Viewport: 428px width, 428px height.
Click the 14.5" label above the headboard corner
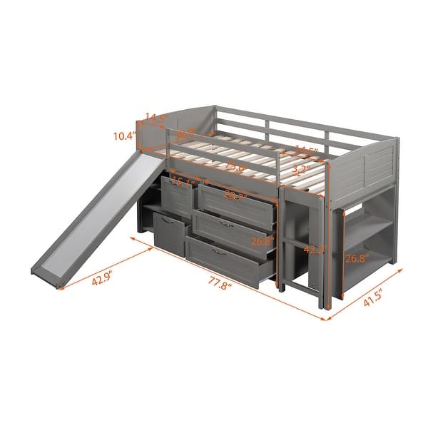[155, 117]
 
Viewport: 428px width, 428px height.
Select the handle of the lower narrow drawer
[168, 223]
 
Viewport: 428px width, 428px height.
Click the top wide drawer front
[235, 208]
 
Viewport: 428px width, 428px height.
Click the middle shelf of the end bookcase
[370, 238]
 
